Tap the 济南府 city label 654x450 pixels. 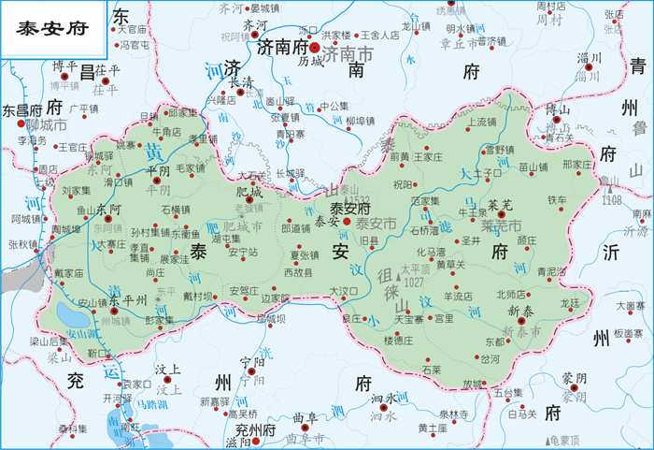(x=281, y=47)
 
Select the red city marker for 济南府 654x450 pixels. (x=315, y=47)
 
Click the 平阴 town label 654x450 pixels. (x=159, y=171)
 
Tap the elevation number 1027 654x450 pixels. (x=415, y=282)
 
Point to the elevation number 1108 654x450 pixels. (x=612, y=200)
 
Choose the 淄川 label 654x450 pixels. (x=589, y=58)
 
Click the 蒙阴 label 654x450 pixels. (x=575, y=377)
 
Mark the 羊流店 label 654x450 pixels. (x=458, y=296)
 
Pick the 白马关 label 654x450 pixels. (x=522, y=413)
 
